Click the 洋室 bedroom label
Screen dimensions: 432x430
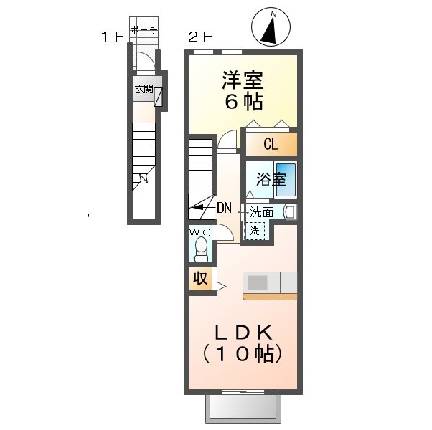(243, 80)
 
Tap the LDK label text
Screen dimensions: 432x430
(243, 333)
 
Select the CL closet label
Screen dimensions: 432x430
(271, 144)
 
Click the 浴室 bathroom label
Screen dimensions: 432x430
(271, 179)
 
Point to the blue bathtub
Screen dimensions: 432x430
(286, 180)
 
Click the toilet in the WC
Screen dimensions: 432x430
(201, 249)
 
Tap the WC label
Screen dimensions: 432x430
(201, 233)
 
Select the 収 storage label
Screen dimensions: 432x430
(200, 279)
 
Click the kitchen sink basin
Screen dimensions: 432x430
(258, 282)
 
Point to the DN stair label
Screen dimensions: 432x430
(225, 208)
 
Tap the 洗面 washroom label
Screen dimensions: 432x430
(261, 212)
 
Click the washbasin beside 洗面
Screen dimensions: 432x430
(291, 212)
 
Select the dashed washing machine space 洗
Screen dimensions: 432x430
(255, 231)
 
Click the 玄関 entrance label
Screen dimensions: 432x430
(144, 89)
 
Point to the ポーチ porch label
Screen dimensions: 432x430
(144, 30)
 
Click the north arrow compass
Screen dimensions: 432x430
(271, 27)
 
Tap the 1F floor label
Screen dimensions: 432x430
(113, 37)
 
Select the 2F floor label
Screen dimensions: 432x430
(200, 37)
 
